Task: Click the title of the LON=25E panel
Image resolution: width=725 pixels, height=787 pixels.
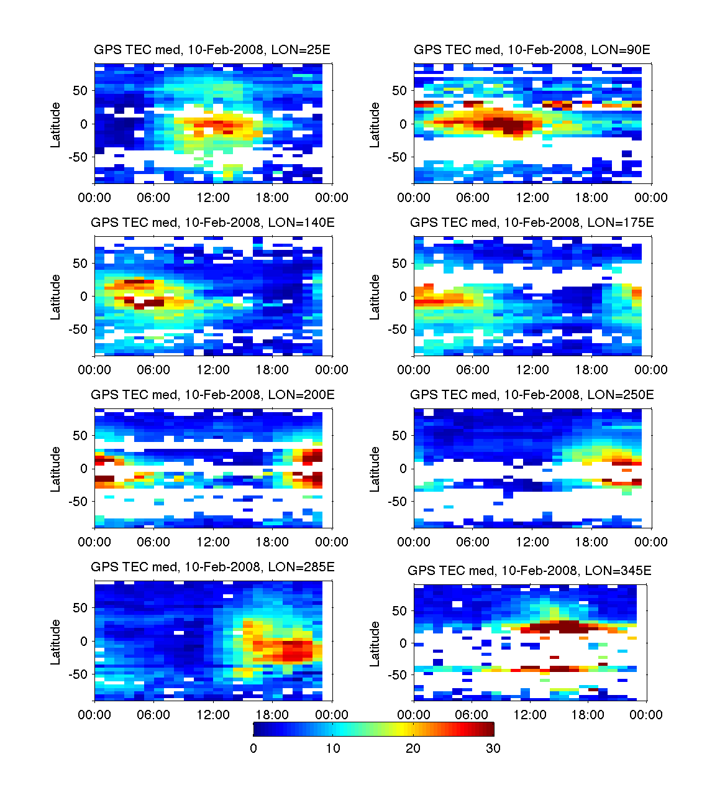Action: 212,50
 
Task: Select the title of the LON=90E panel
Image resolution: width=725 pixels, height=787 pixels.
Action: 532,50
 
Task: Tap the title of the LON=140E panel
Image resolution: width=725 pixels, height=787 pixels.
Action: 212,223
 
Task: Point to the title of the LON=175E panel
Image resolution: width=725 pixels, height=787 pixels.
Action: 532,223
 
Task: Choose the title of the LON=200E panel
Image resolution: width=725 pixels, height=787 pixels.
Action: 212,395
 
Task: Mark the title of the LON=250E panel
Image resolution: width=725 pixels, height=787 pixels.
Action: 532,395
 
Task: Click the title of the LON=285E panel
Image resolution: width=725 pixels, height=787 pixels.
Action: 212,567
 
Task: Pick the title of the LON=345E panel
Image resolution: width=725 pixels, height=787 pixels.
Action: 529,571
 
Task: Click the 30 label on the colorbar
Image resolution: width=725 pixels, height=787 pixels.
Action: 493,748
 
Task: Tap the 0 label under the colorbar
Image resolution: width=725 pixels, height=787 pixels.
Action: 253,748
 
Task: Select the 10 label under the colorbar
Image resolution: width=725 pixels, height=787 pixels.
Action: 333,748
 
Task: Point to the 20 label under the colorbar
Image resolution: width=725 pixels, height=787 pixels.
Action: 413,748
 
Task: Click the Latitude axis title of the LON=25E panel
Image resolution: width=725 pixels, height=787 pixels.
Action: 56,125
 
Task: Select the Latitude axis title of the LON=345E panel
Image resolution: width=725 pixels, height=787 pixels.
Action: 375,644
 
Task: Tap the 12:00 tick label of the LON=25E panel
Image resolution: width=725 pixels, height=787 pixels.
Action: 213,198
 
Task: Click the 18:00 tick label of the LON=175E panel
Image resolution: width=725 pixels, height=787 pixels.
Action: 591,370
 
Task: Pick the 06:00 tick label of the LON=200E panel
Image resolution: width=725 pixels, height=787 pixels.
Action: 153,542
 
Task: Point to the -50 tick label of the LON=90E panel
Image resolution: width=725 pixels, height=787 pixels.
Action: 398,157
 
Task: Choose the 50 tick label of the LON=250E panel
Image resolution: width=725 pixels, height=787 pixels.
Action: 399,436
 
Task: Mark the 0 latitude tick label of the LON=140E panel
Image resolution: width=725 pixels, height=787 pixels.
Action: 84,297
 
